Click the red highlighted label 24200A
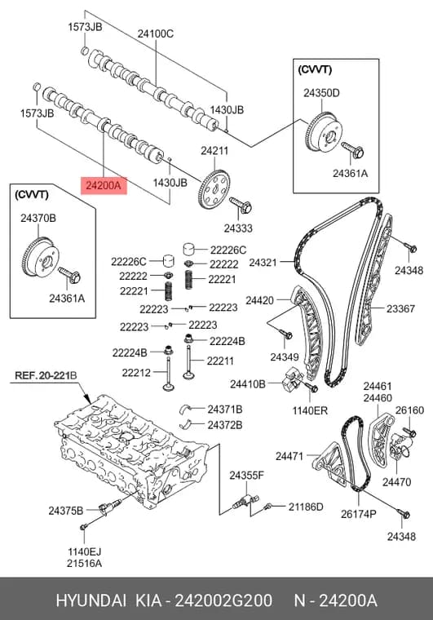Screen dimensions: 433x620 [104, 185]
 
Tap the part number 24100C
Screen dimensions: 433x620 [155, 33]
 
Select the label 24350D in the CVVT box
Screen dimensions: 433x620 [321, 93]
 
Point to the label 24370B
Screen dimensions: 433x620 [38, 218]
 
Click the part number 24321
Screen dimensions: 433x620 [263, 262]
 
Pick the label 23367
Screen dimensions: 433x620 [400, 308]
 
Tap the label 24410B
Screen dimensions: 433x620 [248, 383]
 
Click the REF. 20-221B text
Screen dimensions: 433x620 [46, 374]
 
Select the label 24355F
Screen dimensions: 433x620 [246, 475]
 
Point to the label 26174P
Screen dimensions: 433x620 [359, 514]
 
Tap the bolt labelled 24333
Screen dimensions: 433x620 [241, 205]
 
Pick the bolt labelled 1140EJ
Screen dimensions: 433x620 [83, 527]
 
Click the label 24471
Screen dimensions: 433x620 [289, 456]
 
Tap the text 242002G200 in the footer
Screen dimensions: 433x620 [223, 600]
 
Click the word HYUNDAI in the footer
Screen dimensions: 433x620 [91, 600]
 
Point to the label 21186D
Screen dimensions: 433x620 [306, 507]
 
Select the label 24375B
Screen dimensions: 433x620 [66, 511]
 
